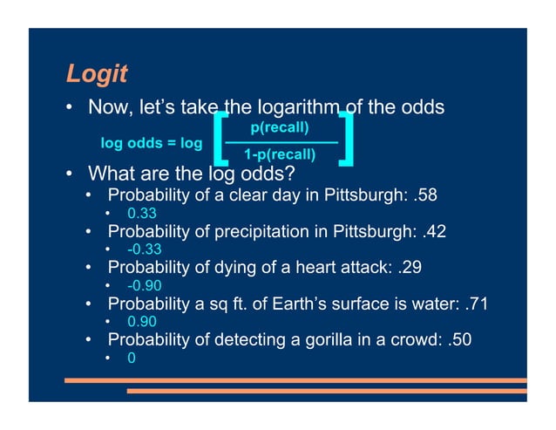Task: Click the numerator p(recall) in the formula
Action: coord(280,128)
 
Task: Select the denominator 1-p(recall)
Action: coord(280,155)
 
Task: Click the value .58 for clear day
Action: coord(426,195)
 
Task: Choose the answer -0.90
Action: coord(144,286)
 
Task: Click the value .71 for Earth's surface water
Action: coord(476,304)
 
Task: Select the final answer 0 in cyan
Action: coord(131,358)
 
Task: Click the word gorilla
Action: coord(335,339)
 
